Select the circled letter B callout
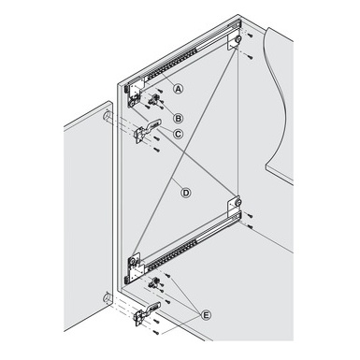178,117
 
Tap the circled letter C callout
178,135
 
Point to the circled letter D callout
185,193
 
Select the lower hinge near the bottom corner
148,315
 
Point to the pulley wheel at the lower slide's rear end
238,200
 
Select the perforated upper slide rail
187,60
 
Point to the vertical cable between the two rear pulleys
239,122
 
